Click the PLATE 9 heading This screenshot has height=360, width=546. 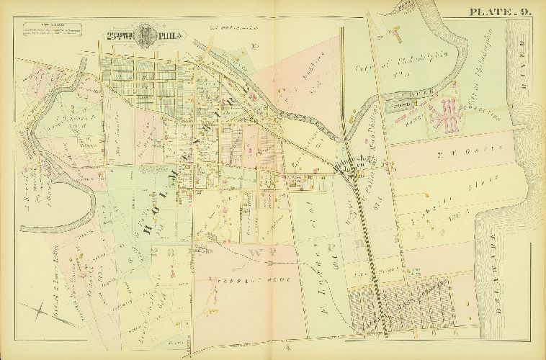(501, 12)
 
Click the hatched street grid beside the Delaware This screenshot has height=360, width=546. (403, 307)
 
